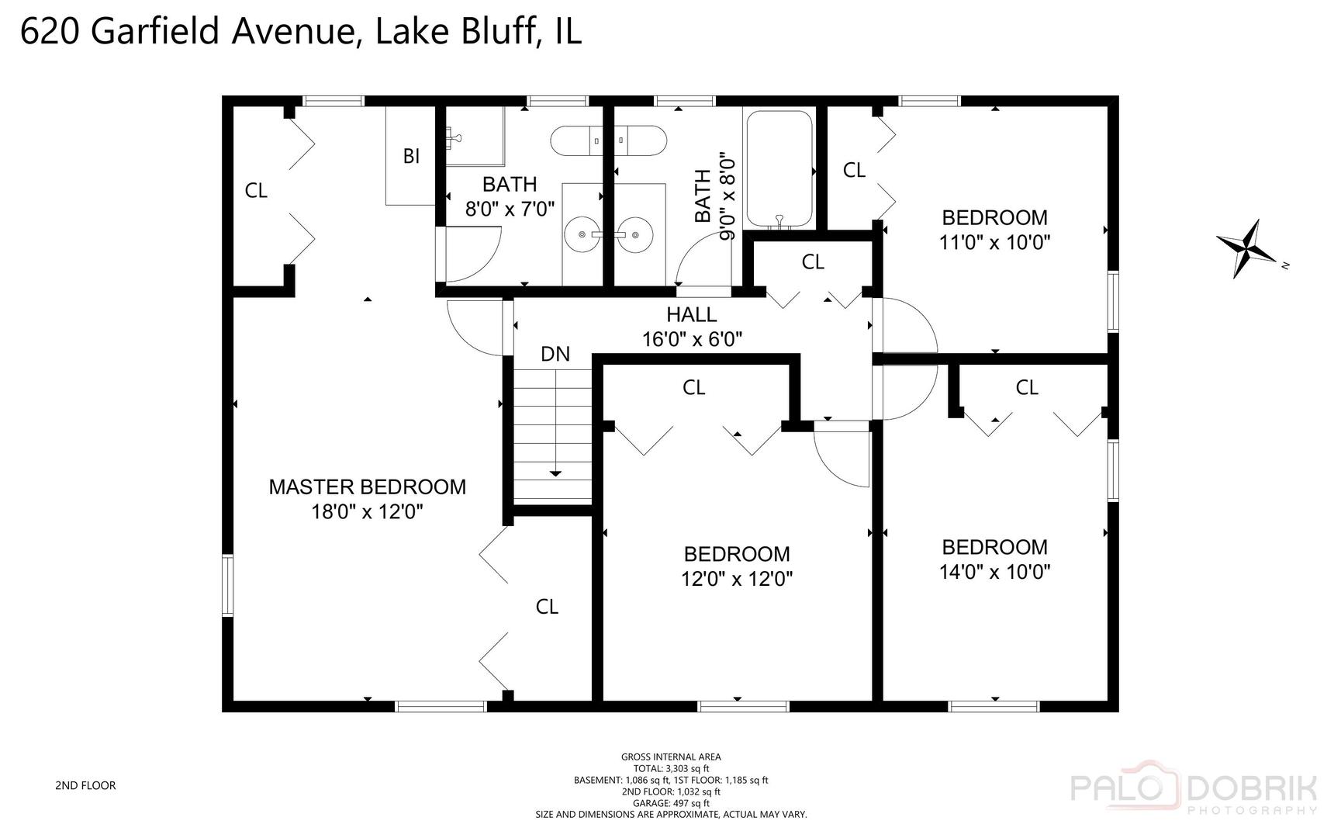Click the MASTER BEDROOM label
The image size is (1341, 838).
point(367,487)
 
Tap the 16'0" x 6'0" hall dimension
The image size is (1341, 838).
point(692,339)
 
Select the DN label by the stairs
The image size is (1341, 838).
point(555,355)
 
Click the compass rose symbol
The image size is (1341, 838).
point(1246,248)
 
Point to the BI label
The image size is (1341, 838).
point(411,156)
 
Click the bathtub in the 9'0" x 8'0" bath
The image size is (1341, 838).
point(778,169)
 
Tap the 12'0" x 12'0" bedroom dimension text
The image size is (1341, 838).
point(737,579)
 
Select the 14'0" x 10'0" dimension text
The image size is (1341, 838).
point(994,572)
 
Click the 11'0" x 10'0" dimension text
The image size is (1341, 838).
point(994,242)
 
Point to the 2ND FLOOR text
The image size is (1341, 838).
point(85,785)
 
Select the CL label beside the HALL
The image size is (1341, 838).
point(812,262)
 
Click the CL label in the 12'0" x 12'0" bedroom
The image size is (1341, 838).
point(693,387)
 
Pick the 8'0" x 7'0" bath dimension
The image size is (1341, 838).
point(510,209)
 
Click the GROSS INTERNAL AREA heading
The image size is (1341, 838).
point(671,757)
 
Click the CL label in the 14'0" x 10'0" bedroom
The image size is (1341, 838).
point(1026,387)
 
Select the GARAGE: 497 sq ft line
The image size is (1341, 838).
point(671,803)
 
